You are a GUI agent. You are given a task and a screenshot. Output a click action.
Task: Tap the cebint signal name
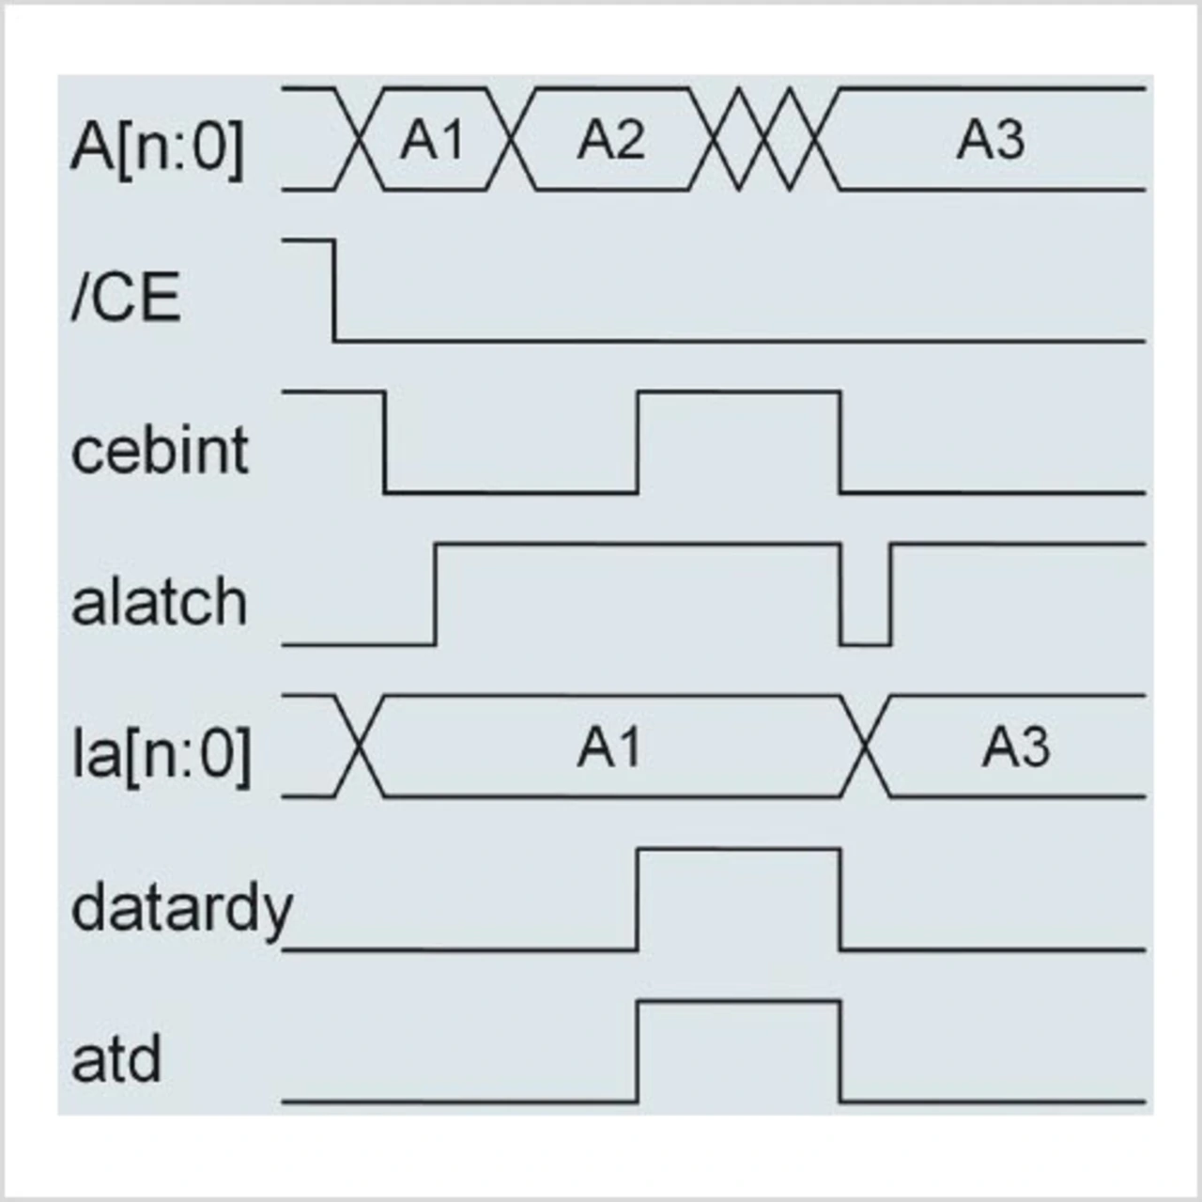160,450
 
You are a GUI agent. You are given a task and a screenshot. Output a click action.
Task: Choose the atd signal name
116,1059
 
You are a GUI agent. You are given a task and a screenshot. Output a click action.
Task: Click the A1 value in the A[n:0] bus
432,141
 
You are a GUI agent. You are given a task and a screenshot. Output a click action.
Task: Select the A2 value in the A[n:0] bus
611,141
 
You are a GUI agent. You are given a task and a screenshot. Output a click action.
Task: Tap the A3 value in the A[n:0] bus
991,141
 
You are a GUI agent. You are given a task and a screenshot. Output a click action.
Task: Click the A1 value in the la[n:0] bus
609,747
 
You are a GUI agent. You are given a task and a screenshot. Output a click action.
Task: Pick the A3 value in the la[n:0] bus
1016,747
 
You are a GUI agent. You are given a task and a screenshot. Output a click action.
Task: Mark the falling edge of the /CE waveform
334,290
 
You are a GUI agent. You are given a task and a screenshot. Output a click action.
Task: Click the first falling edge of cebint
385,441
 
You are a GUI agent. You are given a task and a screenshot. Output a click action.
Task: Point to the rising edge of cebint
639,441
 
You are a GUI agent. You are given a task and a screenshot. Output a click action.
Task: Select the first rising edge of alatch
436,594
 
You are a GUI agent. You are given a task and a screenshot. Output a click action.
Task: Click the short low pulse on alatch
865,643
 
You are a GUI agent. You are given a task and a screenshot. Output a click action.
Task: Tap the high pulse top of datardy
739,850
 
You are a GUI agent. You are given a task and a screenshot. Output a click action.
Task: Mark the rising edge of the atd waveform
639,1051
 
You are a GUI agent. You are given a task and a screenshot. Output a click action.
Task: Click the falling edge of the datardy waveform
840,900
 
